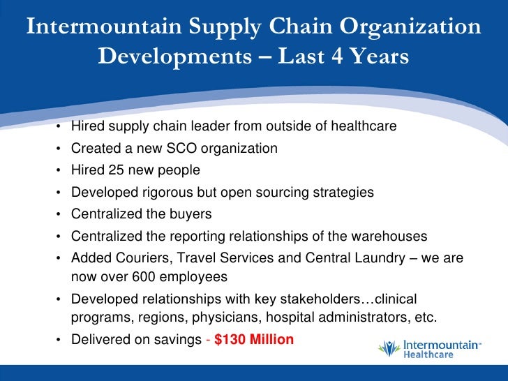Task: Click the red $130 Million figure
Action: point(254,340)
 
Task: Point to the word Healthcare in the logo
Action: point(429,355)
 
